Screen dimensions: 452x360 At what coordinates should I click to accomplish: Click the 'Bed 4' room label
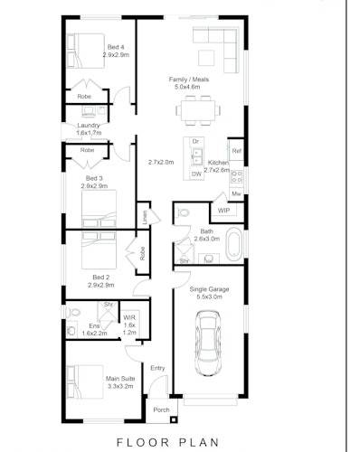tap(115, 46)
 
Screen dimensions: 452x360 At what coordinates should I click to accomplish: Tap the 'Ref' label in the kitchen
tap(236, 151)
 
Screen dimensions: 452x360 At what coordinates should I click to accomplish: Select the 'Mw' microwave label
tap(236, 193)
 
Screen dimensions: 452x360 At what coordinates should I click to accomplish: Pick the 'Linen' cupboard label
tap(145, 217)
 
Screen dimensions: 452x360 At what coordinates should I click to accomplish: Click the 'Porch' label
tap(161, 410)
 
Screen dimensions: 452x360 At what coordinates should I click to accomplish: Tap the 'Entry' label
tap(157, 368)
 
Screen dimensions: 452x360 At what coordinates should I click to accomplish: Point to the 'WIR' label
tap(129, 317)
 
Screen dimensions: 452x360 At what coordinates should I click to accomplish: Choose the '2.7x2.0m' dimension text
tap(161, 163)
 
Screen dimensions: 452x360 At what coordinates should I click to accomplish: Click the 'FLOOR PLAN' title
tap(180, 442)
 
